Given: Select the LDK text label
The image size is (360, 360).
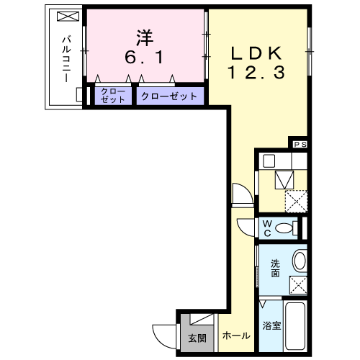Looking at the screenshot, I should pos(258,53).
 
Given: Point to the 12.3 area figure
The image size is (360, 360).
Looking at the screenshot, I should pos(258,72).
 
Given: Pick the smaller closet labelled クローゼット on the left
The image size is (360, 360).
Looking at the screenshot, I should pos(112,96).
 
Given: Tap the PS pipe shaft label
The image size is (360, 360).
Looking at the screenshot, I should pos(300,144).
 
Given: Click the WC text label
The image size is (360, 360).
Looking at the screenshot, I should pos(266,228).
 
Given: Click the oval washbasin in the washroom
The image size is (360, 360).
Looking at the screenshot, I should pos(299,260).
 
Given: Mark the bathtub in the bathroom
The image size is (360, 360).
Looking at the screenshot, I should pos(296,328).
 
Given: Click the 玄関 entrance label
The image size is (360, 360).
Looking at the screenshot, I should pos(197,337).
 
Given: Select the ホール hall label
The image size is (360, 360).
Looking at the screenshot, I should pos(236,336).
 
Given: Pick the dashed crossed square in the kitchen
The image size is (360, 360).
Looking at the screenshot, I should pos(295,200).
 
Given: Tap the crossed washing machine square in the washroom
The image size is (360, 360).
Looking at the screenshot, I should pos(298,284).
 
